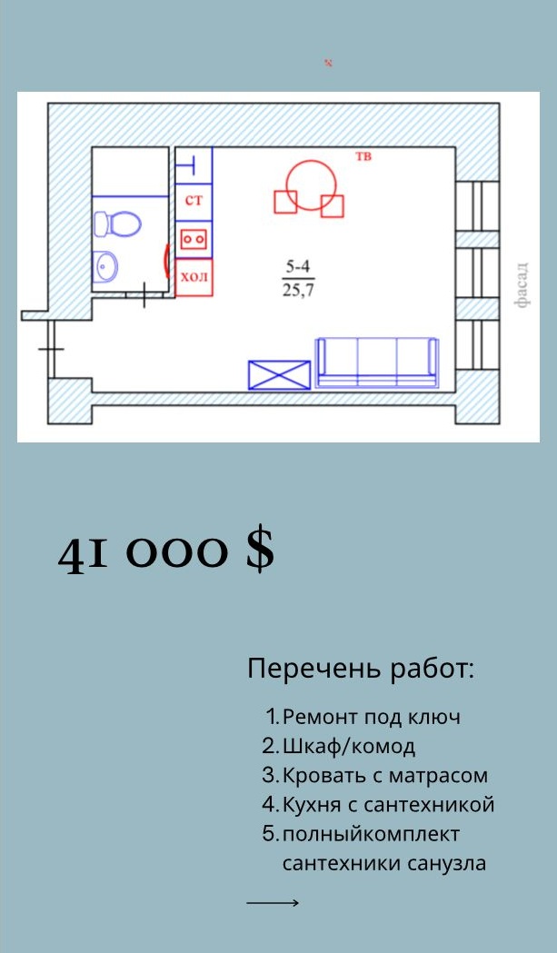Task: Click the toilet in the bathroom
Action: click(x=117, y=223)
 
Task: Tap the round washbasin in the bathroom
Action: click(x=105, y=265)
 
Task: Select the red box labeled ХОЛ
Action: click(x=194, y=277)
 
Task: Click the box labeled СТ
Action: click(x=194, y=201)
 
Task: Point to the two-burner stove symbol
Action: click(x=194, y=240)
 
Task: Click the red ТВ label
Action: click(x=363, y=157)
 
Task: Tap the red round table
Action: click(x=312, y=185)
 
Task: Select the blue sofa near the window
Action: click(x=377, y=362)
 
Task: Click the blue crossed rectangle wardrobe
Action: click(x=279, y=374)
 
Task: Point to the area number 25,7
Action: click(x=298, y=291)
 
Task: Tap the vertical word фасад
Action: click(x=522, y=284)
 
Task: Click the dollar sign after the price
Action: click(x=260, y=549)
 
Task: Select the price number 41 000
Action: click(x=144, y=553)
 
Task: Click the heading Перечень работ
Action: click(x=361, y=670)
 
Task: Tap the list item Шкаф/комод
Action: click(x=349, y=747)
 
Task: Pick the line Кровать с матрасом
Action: click(x=385, y=776)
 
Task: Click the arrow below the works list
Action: click(x=273, y=902)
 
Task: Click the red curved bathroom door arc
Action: click(x=166, y=260)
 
